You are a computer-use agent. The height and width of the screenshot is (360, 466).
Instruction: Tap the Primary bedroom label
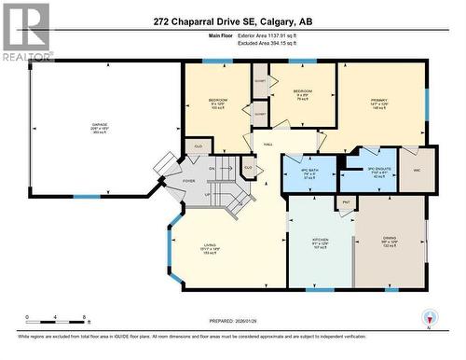pos(377,104)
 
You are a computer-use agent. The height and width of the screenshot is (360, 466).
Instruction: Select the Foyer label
pos(188,181)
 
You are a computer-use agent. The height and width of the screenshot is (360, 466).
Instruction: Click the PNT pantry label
pos(346,201)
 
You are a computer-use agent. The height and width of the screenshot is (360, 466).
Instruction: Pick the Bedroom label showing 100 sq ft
pos(218,102)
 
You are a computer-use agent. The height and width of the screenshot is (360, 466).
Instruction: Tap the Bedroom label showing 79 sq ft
pos(301,93)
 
